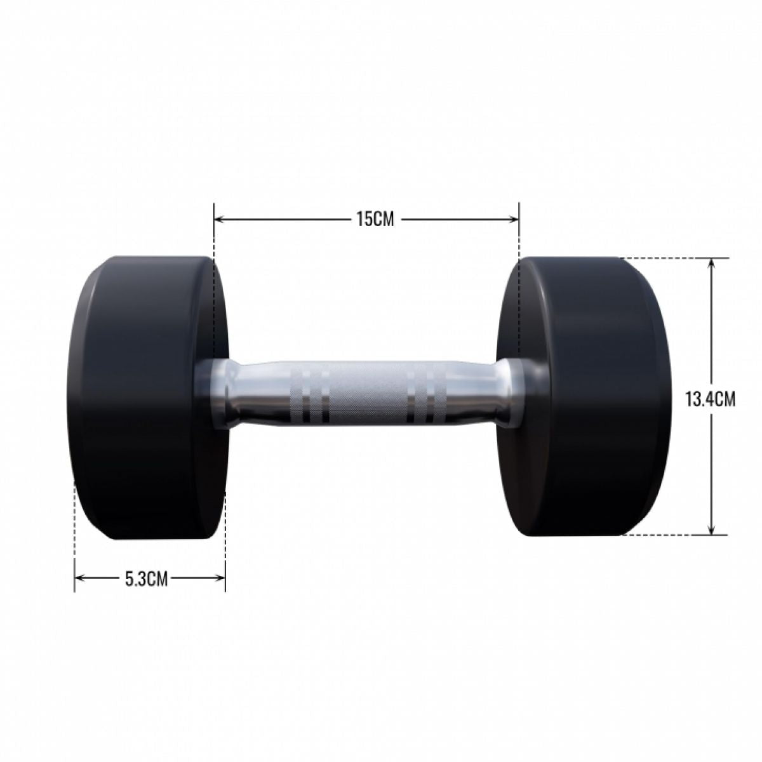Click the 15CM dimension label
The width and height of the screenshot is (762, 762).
366,220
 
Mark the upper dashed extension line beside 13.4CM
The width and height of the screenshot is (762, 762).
673,258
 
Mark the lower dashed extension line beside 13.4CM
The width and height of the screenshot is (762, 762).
673,535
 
